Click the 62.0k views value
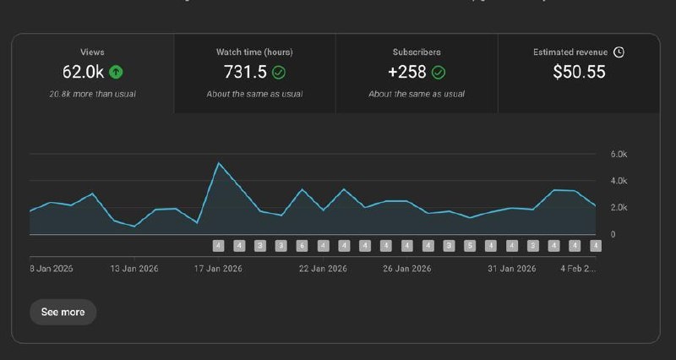[x=82, y=72]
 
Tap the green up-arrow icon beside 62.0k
[x=116, y=72]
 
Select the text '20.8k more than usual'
[x=92, y=94]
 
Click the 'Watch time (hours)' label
[x=254, y=52]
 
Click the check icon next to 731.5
[x=279, y=72]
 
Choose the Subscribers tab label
[x=417, y=52]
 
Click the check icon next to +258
[x=439, y=72]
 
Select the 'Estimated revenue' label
[x=570, y=52]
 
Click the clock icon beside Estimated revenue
[x=619, y=52]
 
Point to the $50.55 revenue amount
[x=579, y=72]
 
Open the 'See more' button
[x=63, y=312]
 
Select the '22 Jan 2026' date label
[x=323, y=269]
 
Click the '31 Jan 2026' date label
[x=513, y=269]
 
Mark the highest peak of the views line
[x=219, y=163]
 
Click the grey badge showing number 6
[x=302, y=246]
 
